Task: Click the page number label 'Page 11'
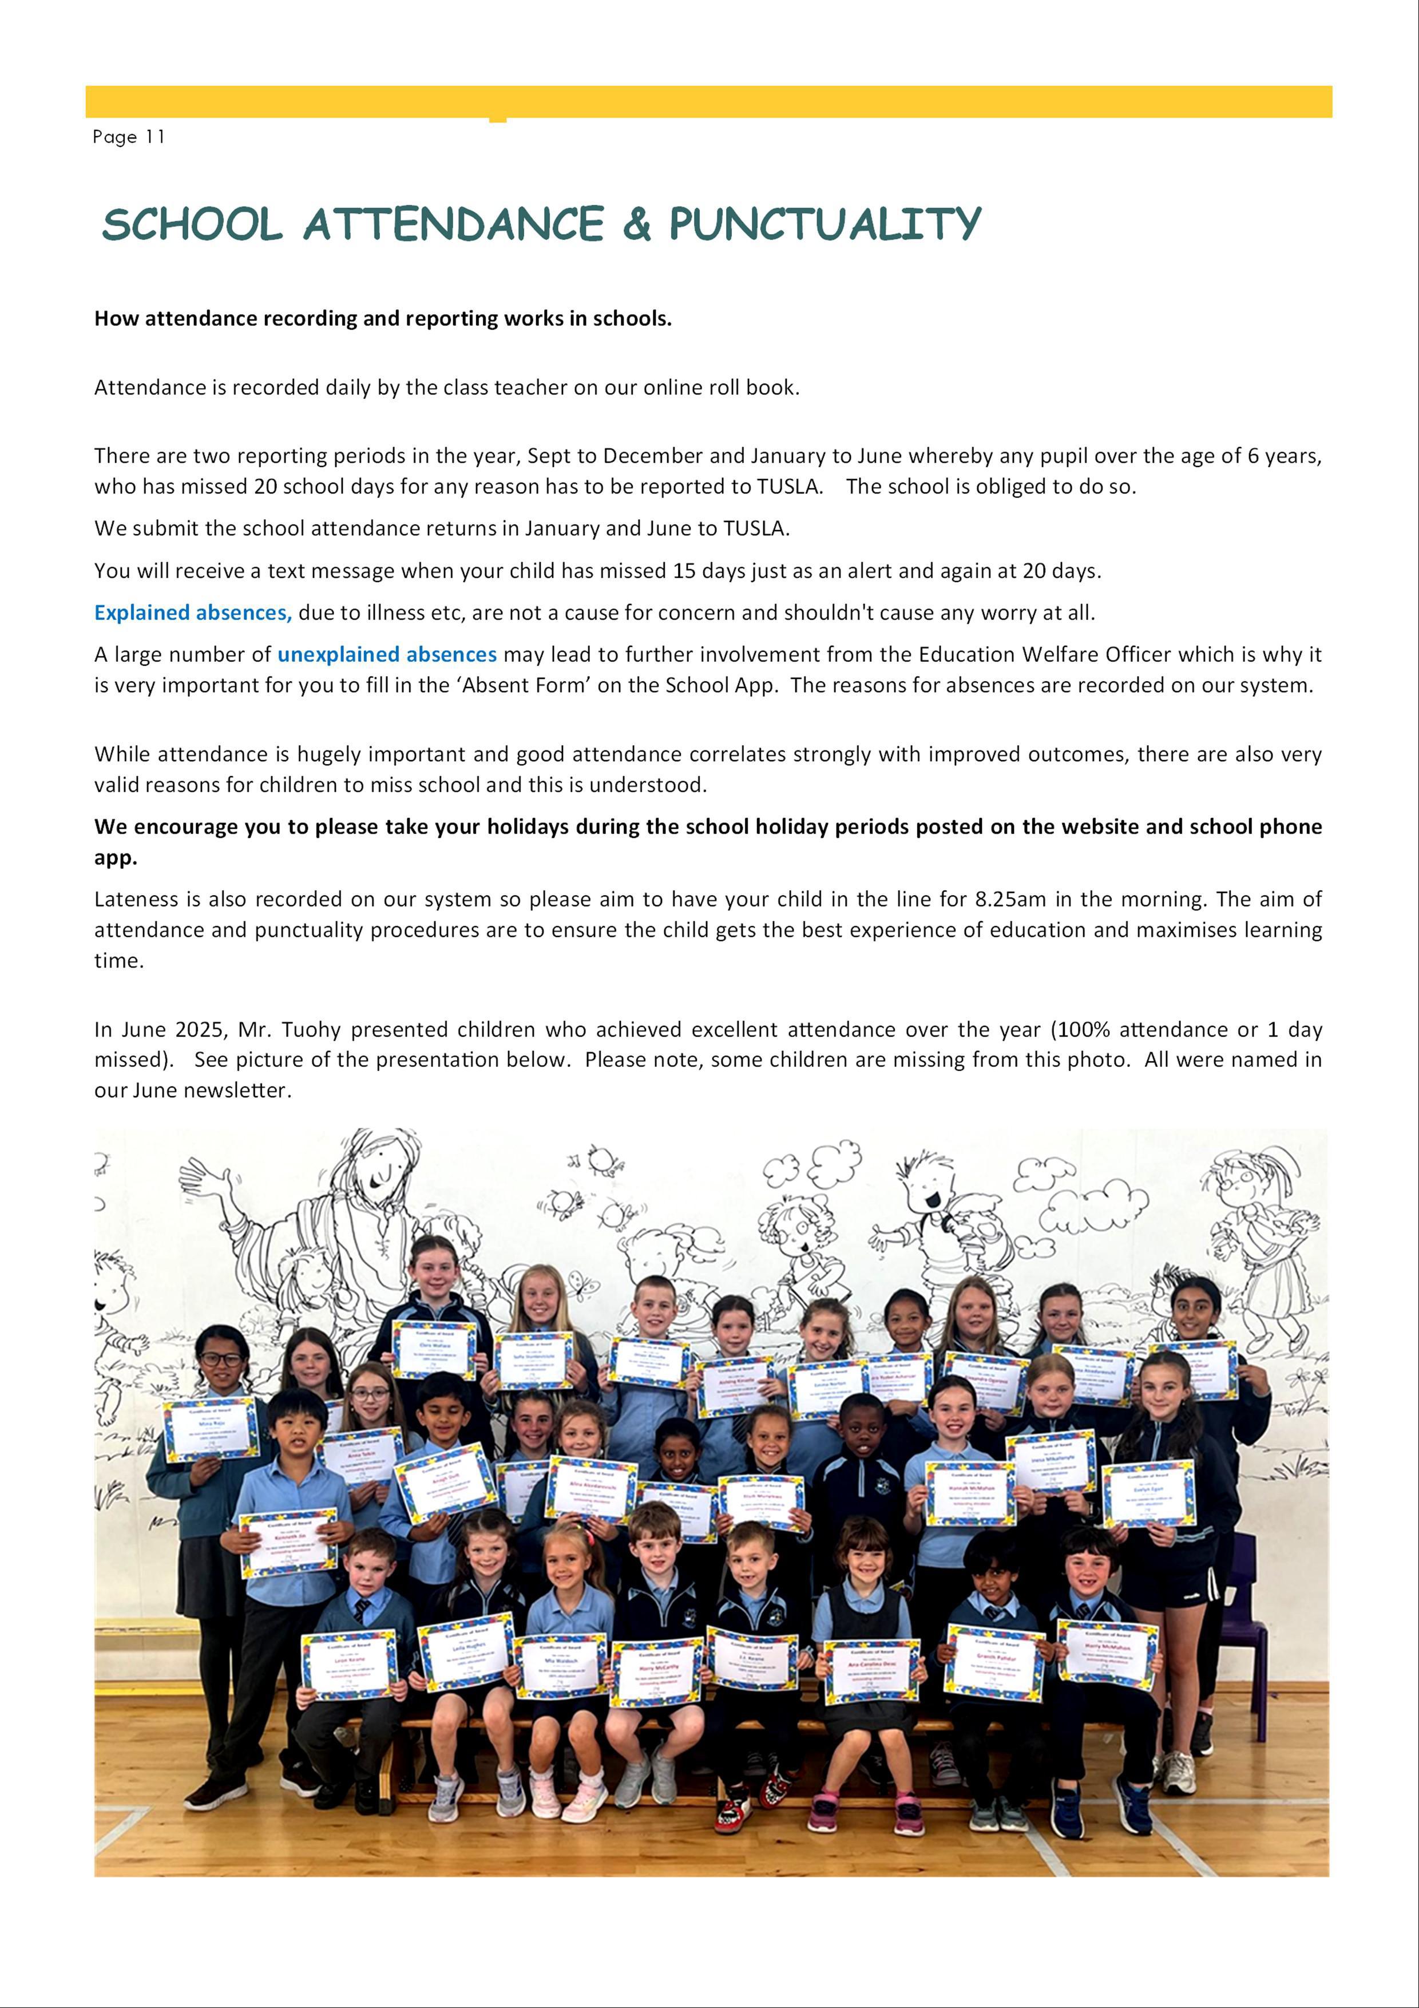click(129, 137)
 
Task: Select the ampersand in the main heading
click(637, 225)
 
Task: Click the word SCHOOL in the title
click(192, 225)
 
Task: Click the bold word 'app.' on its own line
click(116, 858)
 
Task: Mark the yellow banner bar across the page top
click(708, 101)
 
